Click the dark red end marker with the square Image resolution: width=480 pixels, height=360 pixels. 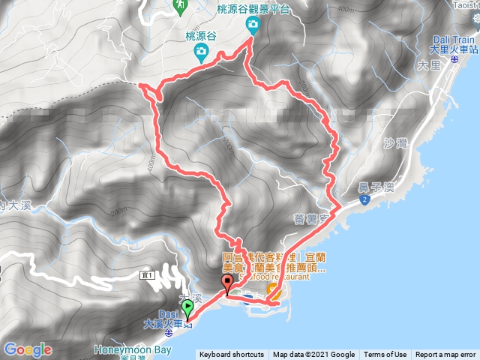pos(227,283)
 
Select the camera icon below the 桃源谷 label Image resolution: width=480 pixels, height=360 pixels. pos(200,52)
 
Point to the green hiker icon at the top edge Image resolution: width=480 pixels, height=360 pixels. pos(180,5)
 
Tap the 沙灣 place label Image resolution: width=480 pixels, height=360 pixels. pos(393,141)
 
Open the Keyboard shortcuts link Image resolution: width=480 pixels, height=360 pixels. pos(232,355)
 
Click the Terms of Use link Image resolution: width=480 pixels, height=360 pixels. pos(385,355)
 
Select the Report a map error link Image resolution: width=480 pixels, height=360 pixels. pos(445,355)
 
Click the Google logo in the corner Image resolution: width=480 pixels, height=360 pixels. pos(28,349)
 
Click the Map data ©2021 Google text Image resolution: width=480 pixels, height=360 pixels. pos(313,355)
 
